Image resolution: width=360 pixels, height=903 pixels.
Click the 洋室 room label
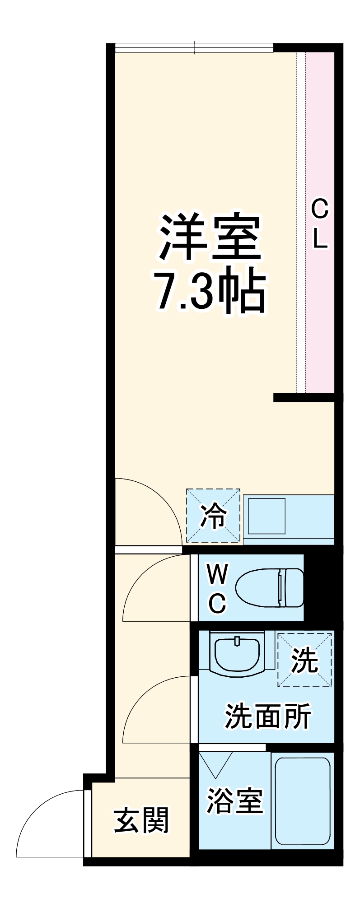tap(210, 238)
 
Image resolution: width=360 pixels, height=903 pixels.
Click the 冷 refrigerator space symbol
tap(213, 515)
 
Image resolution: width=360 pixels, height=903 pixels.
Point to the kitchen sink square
tap(266, 515)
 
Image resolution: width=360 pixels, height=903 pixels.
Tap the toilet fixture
tap(270, 587)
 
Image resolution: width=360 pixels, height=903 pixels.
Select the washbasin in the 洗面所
tap(237, 654)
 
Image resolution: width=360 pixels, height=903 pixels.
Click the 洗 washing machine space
tap(304, 660)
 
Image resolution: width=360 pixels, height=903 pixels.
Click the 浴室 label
tap(234, 801)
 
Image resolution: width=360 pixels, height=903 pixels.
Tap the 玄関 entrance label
tap(141, 820)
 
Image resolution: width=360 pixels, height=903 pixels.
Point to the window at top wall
tap(194, 47)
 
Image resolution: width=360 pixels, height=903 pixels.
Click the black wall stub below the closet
tap(304, 397)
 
